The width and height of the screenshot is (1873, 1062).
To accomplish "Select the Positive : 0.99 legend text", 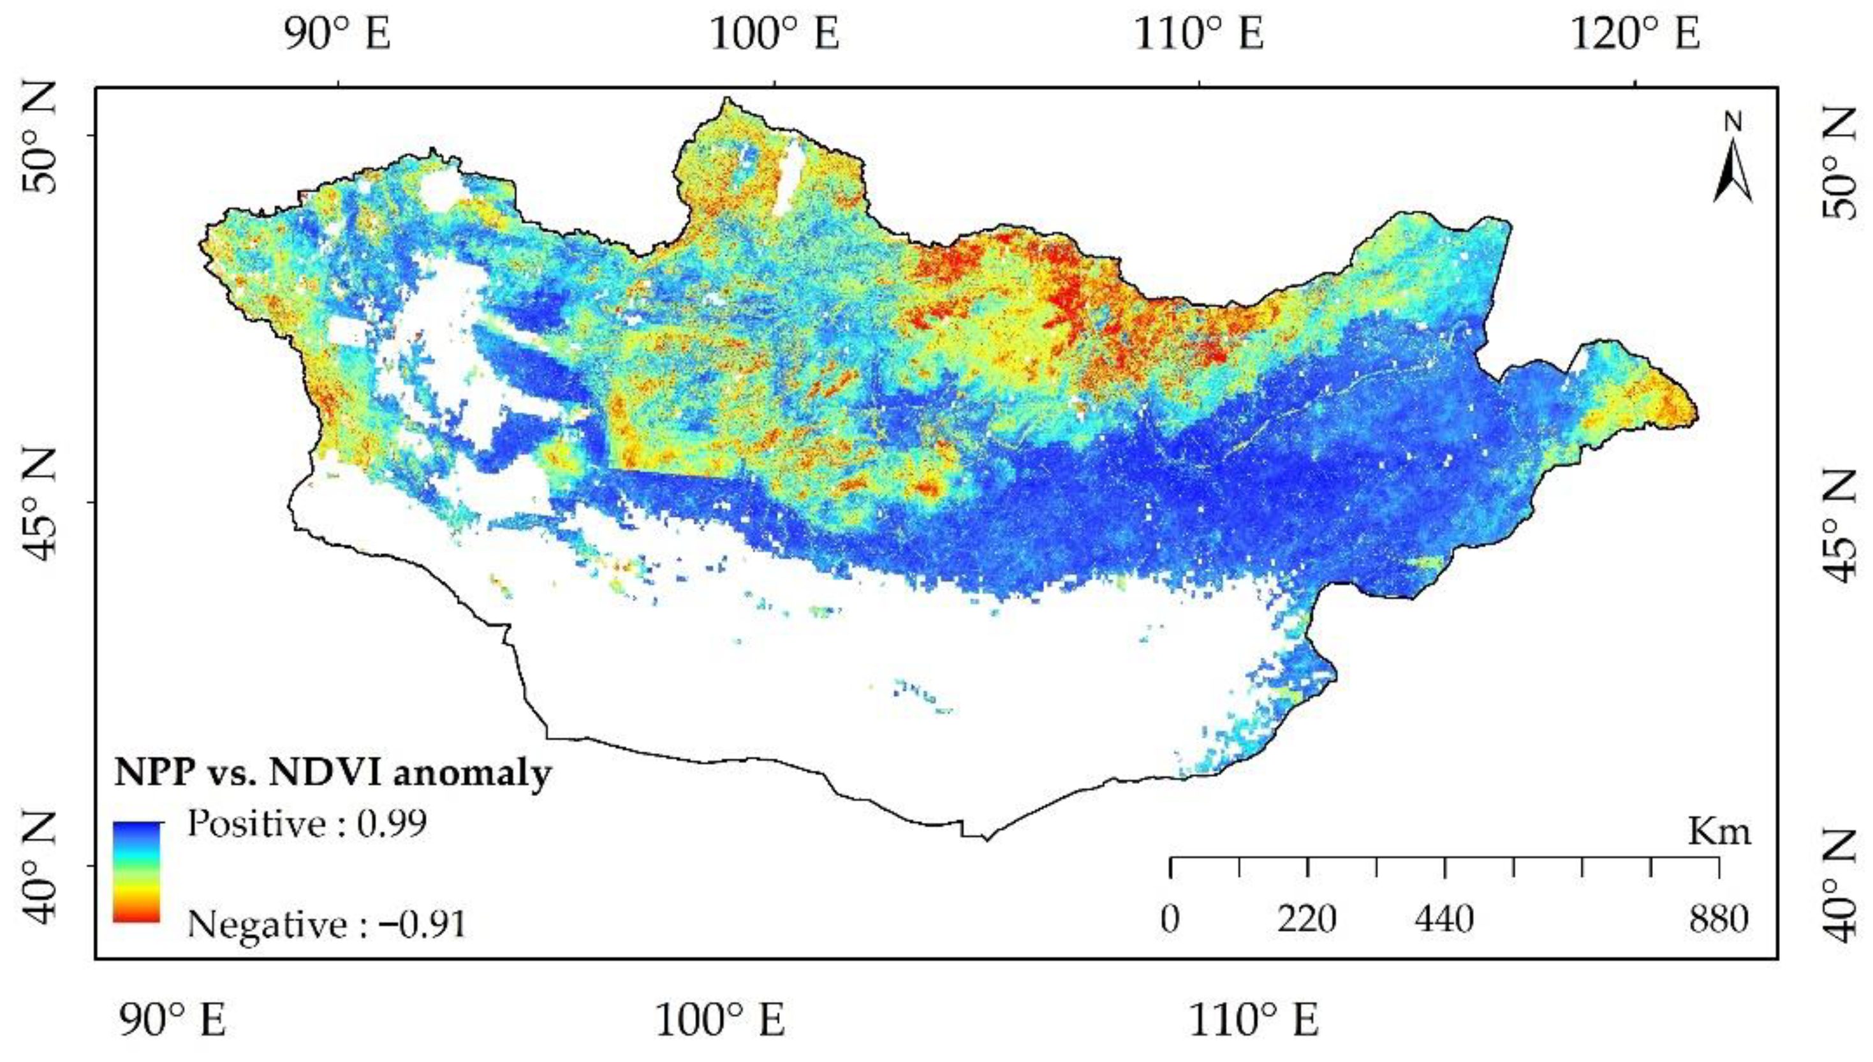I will tap(307, 825).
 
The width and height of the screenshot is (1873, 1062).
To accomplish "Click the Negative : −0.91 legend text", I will tap(326, 926).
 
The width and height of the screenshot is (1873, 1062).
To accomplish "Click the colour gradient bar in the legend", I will tap(136, 872).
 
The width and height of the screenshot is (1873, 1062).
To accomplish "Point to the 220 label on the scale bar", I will tap(1307, 920).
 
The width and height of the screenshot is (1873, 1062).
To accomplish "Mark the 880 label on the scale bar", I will tap(1719, 920).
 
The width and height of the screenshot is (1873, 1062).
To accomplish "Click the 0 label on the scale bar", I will tap(1170, 920).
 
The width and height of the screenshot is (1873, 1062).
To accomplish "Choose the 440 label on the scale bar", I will tap(1444, 920).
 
